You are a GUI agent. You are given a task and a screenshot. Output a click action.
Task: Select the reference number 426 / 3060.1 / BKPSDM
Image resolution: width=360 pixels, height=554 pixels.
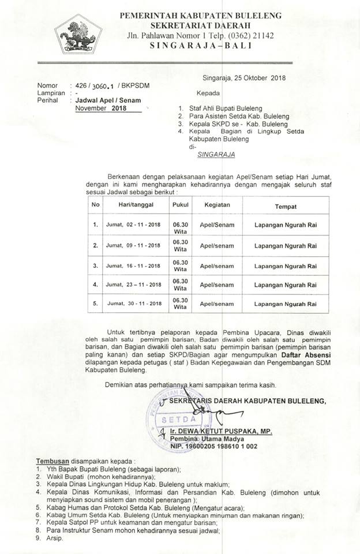coord(109,85)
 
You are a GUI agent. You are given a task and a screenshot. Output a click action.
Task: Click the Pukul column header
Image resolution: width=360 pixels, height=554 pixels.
coord(180,205)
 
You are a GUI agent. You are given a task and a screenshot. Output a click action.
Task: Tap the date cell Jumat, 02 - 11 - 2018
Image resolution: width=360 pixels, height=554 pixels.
coord(133,225)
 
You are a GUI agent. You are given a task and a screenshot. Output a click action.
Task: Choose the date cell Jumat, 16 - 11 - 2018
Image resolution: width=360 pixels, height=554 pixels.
coord(133,265)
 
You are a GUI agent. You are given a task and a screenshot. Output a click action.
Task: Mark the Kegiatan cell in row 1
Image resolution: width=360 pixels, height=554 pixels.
coord(217,225)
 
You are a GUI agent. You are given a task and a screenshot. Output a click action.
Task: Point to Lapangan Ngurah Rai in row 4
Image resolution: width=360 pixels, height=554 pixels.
coord(286,285)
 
